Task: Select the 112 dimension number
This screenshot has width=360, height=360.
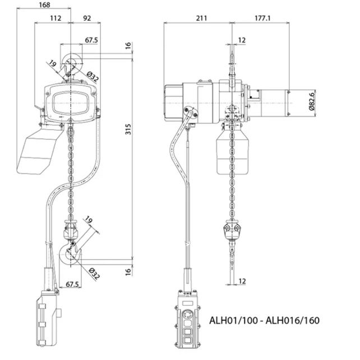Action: click(54, 18)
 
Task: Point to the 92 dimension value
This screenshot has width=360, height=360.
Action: click(87, 18)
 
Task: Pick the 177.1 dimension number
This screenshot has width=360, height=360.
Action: click(262, 18)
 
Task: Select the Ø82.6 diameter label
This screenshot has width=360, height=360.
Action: click(312, 101)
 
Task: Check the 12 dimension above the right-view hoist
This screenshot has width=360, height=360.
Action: click(242, 40)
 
